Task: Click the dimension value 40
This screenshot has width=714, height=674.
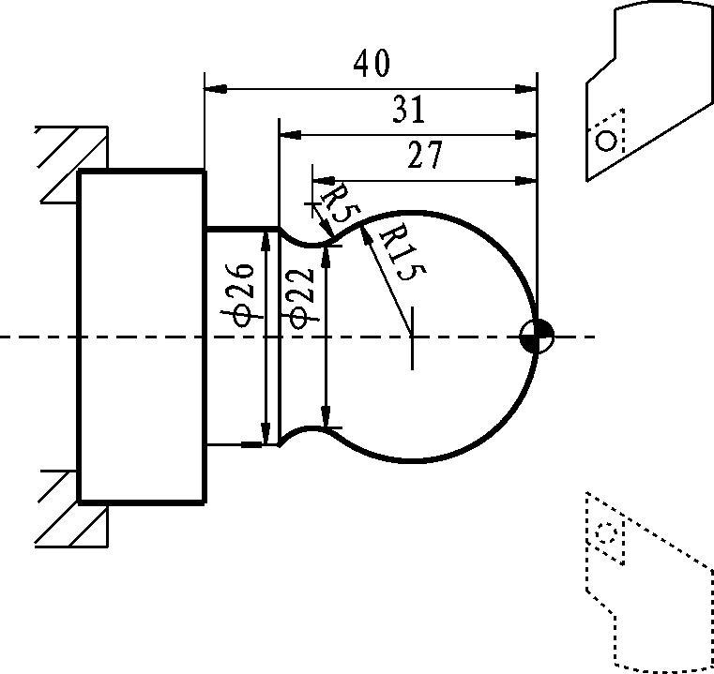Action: point(372,63)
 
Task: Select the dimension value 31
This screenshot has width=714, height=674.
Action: point(409,110)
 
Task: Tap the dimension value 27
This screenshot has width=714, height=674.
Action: point(425,155)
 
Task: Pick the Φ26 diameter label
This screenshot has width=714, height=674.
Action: point(241,295)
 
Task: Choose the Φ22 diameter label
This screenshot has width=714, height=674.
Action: point(301,299)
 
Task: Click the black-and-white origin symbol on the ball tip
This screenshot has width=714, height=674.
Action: point(538,337)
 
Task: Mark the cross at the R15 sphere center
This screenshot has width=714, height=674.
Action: point(412,337)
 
